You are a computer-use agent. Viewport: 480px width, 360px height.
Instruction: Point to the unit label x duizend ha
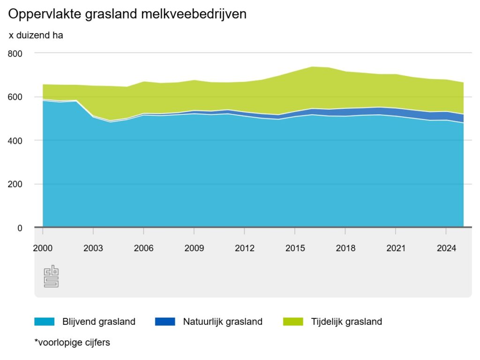(x=36, y=35)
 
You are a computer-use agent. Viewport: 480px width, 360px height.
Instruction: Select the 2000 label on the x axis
(x=43, y=248)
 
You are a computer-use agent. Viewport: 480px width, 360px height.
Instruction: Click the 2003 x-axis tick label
(x=93, y=248)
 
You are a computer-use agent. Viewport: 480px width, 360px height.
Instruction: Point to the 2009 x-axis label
(x=194, y=248)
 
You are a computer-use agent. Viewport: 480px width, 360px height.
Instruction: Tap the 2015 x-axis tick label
(x=295, y=248)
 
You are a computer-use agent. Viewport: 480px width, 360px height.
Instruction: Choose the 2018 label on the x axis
(x=345, y=248)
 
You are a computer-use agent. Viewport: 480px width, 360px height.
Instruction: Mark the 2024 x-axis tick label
(x=446, y=248)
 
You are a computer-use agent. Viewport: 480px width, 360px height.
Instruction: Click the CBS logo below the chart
(x=51, y=277)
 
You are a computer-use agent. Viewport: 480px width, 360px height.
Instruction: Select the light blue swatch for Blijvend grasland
(x=45, y=322)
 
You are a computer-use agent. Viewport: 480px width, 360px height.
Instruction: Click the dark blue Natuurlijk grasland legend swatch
(x=165, y=322)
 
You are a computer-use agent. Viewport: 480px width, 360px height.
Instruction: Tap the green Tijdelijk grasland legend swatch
(x=293, y=322)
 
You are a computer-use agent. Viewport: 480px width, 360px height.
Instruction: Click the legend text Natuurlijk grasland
(x=223, y=322)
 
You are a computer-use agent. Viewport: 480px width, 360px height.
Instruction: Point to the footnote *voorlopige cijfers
(x=72, y=343)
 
